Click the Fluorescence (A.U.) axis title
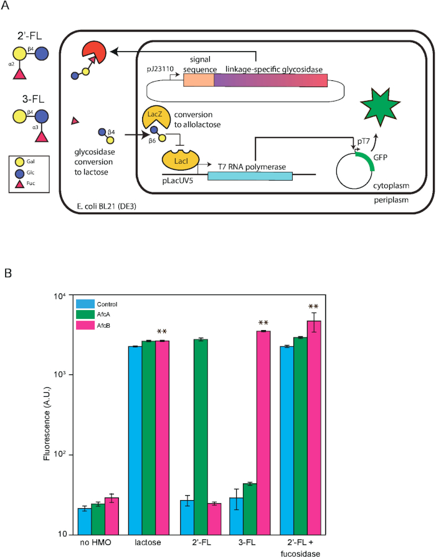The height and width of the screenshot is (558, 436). tap(47, 423)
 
